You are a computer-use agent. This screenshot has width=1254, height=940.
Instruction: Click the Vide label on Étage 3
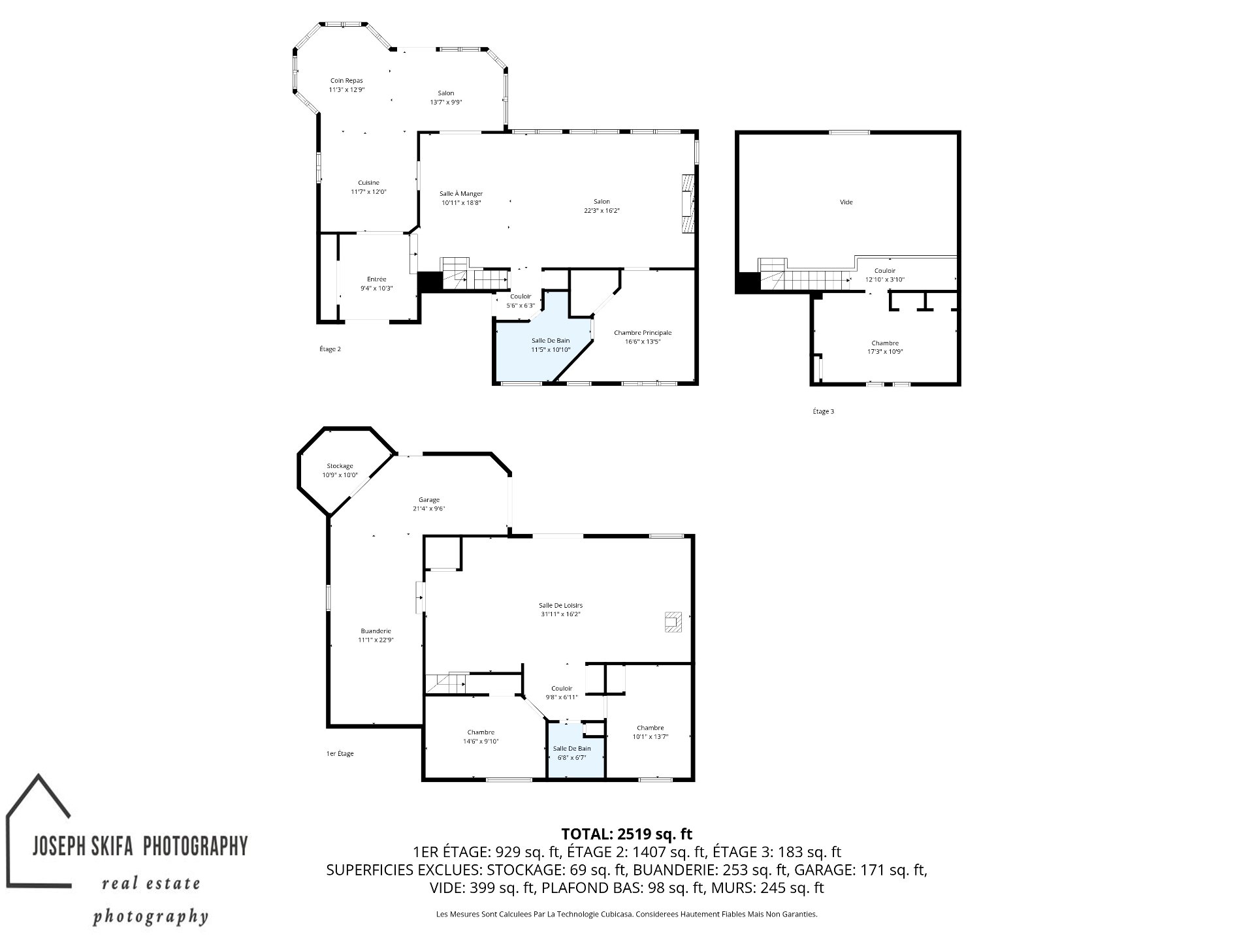[x=846, y=202]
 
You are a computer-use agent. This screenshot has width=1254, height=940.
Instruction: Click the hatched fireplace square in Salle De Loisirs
[x=673, y=621]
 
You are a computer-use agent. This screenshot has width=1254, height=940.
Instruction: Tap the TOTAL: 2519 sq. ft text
[x=626, y=834]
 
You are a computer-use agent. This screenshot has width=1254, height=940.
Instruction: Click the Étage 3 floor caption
[x=823, y=411]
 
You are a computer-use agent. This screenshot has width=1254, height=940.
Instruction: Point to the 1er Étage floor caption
[x=340, y=753]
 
